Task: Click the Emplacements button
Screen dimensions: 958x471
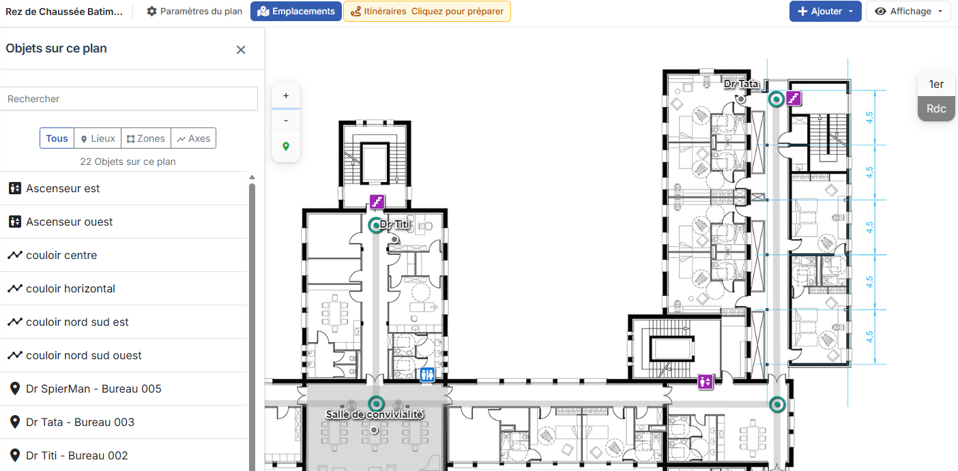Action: [296, 12]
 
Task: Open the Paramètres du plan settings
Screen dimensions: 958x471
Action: [194, 12]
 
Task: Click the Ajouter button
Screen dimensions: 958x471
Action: [825, 12]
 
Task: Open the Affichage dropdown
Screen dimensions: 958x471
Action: [908, 12]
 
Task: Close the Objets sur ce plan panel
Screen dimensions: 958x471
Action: [241, 50]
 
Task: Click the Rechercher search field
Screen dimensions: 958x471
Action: [129, 99]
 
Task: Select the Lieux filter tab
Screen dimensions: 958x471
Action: [98, 138]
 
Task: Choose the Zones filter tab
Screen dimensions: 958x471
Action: [146, 138]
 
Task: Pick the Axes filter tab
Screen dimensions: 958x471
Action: [194, 138]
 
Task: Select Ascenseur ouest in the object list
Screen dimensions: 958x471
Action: [70, 222]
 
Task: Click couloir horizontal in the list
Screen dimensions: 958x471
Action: [70, 288]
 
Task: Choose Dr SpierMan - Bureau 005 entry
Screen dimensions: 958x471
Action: [93, 389]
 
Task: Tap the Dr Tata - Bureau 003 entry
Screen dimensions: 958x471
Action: [81, 422]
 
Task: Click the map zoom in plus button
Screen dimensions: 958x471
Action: [286, 95]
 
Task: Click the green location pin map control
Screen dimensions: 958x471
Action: [286, 146]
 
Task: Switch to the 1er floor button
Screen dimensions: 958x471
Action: [936, 85]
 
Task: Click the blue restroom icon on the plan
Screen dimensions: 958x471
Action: [427, 375]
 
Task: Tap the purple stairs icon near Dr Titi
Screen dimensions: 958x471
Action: [377, 201]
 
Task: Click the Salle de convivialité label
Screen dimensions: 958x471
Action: [375, 414]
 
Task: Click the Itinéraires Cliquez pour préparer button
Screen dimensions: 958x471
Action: [427, 12]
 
